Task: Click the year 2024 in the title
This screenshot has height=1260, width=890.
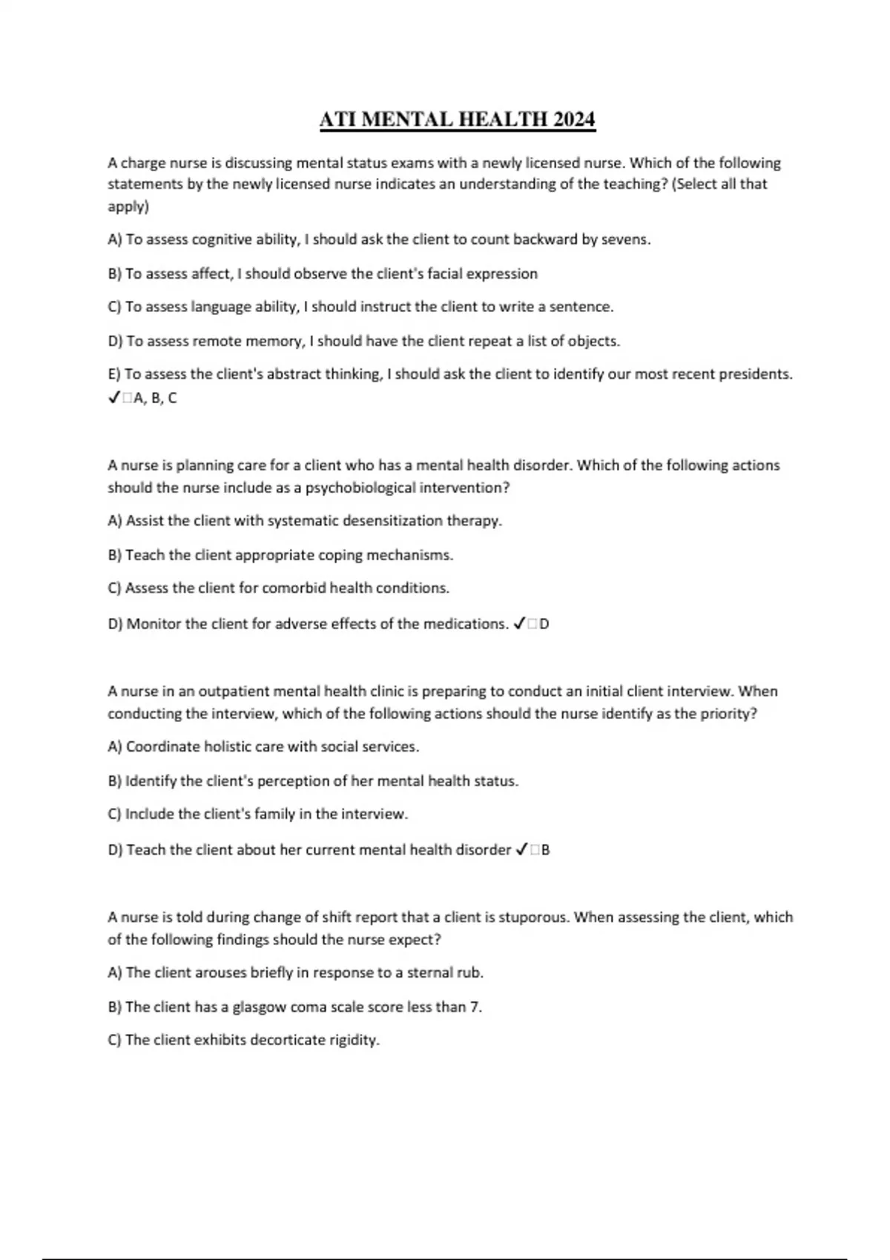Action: tap(574, 119)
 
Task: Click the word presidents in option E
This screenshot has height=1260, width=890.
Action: tap(756, 374)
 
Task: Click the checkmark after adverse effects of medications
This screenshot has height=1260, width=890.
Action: tap(519, 624)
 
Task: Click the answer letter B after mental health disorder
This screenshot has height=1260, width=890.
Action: tap(546, 850)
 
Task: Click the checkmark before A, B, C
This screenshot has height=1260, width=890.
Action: tap(113, 398)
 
